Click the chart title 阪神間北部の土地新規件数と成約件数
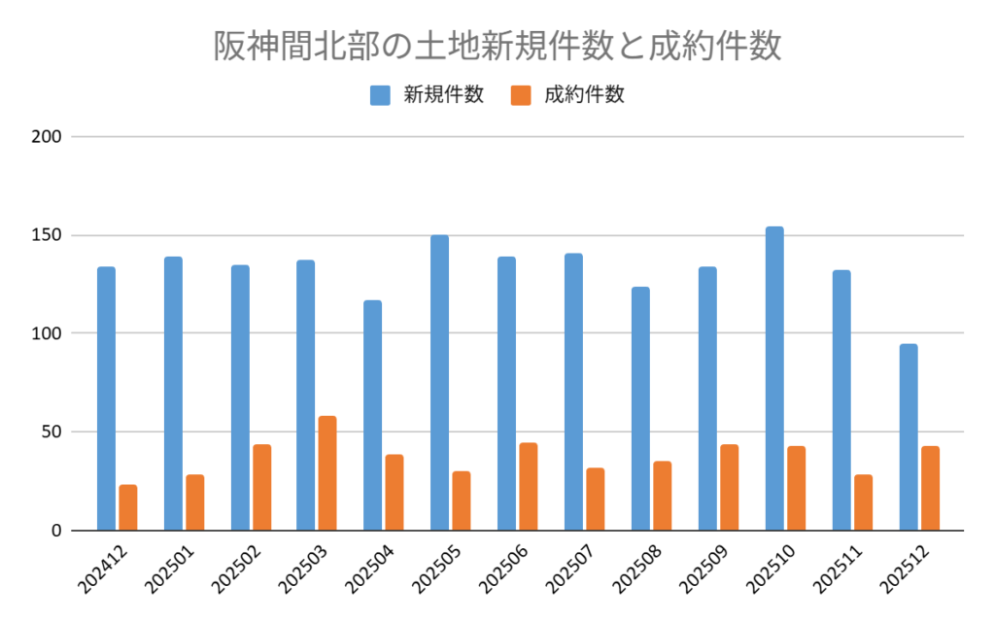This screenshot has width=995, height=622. [497, 47]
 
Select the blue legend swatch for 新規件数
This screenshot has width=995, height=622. [380, 95]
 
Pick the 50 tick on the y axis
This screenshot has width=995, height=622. [52, 432]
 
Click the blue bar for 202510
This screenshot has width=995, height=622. [774, 379]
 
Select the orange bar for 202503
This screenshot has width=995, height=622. [327, 473]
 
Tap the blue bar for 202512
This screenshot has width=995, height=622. [909, 437]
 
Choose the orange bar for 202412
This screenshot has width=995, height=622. [128, 507]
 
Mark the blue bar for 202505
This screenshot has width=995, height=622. [440, 383]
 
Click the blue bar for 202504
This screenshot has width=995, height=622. [373, 415]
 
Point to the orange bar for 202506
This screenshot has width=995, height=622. [529, 487]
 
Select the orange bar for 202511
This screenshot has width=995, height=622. [863, 502]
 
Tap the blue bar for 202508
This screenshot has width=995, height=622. [640, 408]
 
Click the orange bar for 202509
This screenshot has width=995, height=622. [729, 487]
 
